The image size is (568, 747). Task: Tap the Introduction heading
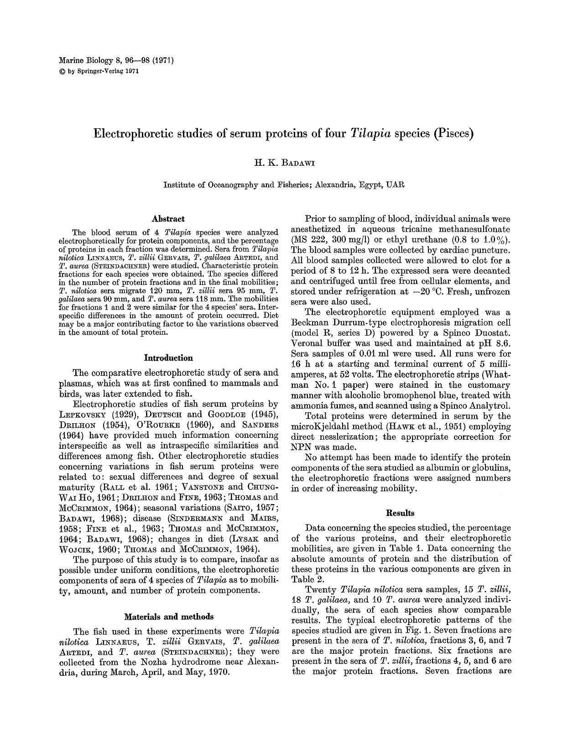[168, 358]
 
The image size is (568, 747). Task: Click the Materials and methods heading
[168, 617]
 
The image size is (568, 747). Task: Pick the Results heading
[400, 513]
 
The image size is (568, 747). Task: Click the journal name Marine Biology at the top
[82, 60]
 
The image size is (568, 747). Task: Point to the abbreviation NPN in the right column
[301, 447]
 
